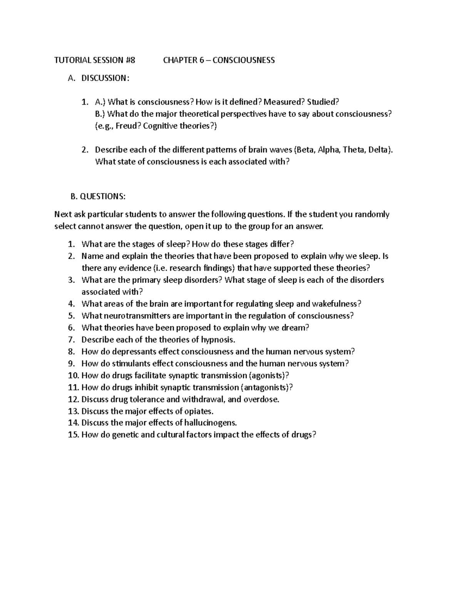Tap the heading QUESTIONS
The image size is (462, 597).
[x=102, y=197]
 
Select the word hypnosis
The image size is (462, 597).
[x=218, y=340]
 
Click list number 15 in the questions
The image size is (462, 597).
[x=73, y=435]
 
